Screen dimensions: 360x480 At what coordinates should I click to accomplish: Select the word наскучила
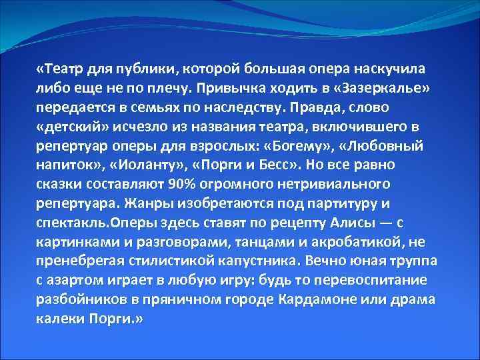393,69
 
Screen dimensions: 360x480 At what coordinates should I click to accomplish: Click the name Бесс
275,165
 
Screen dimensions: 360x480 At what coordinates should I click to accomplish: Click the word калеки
60,319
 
